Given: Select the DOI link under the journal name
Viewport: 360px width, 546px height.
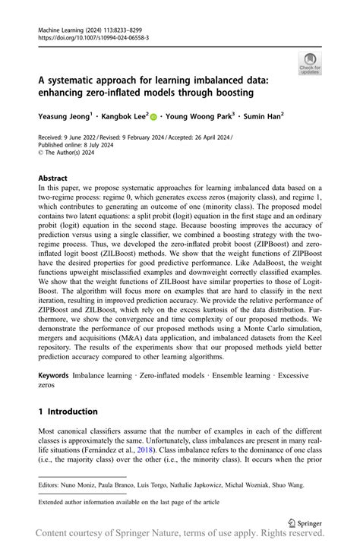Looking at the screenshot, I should click(93, 37).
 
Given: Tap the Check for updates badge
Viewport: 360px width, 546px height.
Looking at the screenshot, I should click(311, 65).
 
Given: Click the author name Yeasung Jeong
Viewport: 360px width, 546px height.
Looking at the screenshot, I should click(65, 118).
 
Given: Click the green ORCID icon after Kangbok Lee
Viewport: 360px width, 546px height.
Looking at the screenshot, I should click(153, 118).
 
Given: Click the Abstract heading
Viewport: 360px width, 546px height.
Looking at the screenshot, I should click(58, 178).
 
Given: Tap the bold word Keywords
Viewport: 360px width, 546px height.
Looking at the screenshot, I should click(54, 376).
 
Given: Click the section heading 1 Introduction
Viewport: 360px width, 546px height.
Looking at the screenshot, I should click(68, 412).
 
